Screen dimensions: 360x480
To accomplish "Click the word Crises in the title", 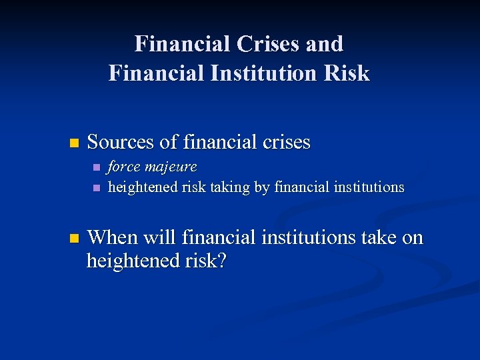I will coord(266,44).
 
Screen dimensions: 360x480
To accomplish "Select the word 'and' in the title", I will coord(325,44).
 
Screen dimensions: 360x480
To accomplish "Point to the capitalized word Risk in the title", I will coord(347,73).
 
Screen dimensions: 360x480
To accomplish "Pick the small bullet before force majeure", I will coord(97,167).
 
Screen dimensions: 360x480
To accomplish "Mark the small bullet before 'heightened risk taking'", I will coord(97,187).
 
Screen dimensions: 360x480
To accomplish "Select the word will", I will coord(157,237).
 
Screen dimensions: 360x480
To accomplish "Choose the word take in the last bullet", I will coord(380,237).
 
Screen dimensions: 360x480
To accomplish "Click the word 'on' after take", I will coord(413,238).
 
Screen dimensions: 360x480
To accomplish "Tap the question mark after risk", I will coord(222,261).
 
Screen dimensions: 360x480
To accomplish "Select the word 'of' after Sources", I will coord(168,142).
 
